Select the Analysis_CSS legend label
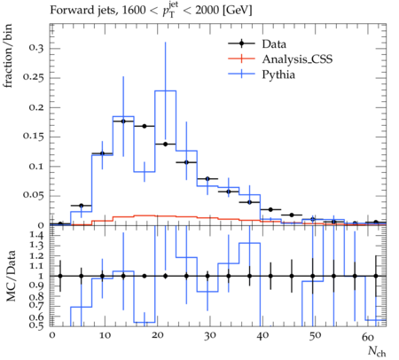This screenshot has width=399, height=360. [297, 59]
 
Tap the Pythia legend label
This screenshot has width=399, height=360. [278, 74]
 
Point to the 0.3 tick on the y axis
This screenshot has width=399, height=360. [36, 48]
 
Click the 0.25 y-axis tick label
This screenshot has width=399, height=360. [34, 77]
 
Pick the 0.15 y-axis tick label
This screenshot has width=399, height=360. [34, 137]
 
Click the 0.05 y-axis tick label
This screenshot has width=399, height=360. [34, 195]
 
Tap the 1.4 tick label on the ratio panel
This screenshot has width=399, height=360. [36, 236]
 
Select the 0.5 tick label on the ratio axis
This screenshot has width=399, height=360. [36, 325]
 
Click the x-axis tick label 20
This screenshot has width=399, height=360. [157, 335]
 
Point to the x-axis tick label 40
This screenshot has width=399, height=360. [262, 335]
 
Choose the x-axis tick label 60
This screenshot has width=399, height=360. [368, 336]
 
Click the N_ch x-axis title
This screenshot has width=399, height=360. [377, 351]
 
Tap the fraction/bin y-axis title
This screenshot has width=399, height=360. [8, 56]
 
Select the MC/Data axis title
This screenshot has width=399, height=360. [11, 276]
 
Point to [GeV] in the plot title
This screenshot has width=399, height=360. [238, 11]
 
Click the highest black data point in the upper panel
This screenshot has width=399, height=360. [123, 121]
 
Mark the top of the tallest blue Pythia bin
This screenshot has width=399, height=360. [165, 90]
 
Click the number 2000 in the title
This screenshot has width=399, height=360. [207, 11]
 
